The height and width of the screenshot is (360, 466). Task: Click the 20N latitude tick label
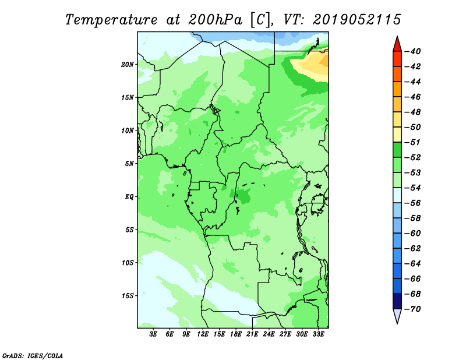click(x=128, y=65)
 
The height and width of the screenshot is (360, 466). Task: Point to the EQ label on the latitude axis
click(x=129, y=197)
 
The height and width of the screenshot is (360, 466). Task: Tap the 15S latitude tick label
click(x=128, y=296)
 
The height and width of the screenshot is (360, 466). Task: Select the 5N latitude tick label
click(x=129, y=164)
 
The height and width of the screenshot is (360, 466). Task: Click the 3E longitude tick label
click(x=153, y=334)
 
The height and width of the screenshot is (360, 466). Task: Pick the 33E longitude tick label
click(x=318, y=334)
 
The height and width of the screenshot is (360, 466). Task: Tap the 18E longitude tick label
click(x=236, y=334)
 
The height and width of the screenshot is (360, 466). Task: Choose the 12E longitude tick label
click(x=203, y=334)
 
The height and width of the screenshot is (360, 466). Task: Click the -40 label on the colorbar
click(x=412, y=51)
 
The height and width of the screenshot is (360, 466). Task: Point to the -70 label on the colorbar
click(x=412, y=309)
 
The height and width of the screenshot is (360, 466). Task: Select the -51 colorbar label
click(x=412, y=142)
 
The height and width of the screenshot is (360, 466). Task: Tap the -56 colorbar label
click(x=412, y=203)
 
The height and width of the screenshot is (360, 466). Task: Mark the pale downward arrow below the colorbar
click(x=397, y=316)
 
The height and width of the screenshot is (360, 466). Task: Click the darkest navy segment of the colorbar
click(x=397, y=301)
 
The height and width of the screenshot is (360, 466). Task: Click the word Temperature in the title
click(x=111, y=20)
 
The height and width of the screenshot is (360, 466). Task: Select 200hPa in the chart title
click(x=215, y=20)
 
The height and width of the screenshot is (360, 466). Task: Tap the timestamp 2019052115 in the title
click(x=357, y=20)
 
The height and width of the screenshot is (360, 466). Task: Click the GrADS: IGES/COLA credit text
click(x=33, y=355)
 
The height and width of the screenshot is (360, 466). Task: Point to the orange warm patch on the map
click(x=324, y=62)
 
